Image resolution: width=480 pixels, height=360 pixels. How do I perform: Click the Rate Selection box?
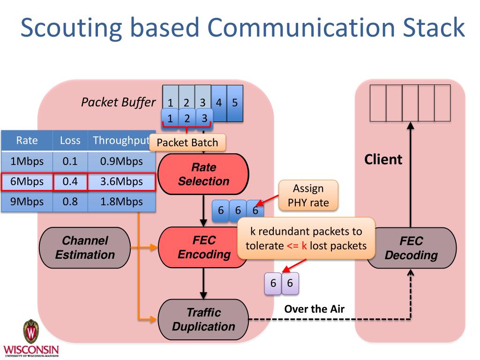point(203,174)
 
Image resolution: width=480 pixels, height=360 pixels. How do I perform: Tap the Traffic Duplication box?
point(203,319)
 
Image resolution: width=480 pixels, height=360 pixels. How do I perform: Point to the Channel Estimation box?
point(85,247)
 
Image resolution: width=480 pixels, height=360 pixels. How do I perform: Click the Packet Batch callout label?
point(187,142)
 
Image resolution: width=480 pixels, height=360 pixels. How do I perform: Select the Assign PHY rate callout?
point(308,195)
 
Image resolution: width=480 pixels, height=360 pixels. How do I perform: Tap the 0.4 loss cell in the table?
point(70,182)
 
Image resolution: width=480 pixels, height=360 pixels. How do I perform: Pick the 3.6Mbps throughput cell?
point(121,182)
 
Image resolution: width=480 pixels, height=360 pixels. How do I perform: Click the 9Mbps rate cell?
point(27,202)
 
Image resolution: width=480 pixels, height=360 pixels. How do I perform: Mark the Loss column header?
point(70,140)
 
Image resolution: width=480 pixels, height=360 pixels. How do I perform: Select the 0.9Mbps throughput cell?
point(121,161)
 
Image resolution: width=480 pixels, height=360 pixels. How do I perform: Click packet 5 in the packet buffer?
point(235,102)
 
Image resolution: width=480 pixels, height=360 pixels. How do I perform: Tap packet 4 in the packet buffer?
point(219,102)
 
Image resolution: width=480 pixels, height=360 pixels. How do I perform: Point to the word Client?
point(383,159)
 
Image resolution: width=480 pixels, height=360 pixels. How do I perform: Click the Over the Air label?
point(315,308)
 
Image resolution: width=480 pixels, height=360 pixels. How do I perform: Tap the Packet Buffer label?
point(118,102)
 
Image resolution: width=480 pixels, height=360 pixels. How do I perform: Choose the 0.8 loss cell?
point(70,202)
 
